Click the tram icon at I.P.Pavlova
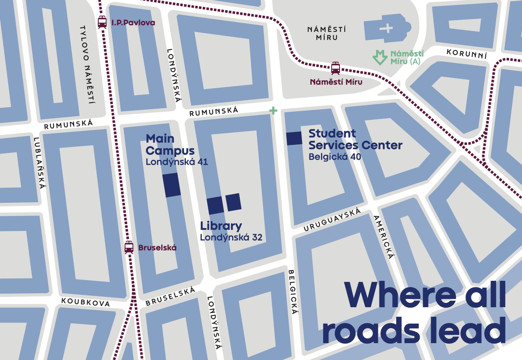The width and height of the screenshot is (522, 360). [x=102, y=22]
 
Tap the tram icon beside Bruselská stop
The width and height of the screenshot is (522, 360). [x=129, y=247]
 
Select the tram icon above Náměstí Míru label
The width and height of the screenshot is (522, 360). [x=335, y=68]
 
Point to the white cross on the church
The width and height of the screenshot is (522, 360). [x=386, y=28]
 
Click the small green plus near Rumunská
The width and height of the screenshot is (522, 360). [x=273, y=111]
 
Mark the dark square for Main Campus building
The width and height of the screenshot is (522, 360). [x=172, y=185]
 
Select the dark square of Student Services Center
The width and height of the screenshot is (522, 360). [x=294, y=138]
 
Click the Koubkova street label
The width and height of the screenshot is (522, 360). [x=85, y=302]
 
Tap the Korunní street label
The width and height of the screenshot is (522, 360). [x=467, y=54]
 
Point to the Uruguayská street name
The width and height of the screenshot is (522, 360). [x=332, y=220]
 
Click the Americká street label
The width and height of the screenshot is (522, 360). [x=384, y=237]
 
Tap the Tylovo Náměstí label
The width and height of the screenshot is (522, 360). [x=88, y=65]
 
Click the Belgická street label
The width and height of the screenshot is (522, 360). [x=292, y=292]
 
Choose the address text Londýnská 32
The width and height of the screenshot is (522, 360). [x=231, y=238]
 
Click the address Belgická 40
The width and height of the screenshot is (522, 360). [x=335, y=157]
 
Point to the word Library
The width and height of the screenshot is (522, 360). [x=221, y=226]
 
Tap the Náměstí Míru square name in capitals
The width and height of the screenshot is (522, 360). [x=327, y=33]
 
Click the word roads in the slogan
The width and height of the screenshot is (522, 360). [x=370, y=331]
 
